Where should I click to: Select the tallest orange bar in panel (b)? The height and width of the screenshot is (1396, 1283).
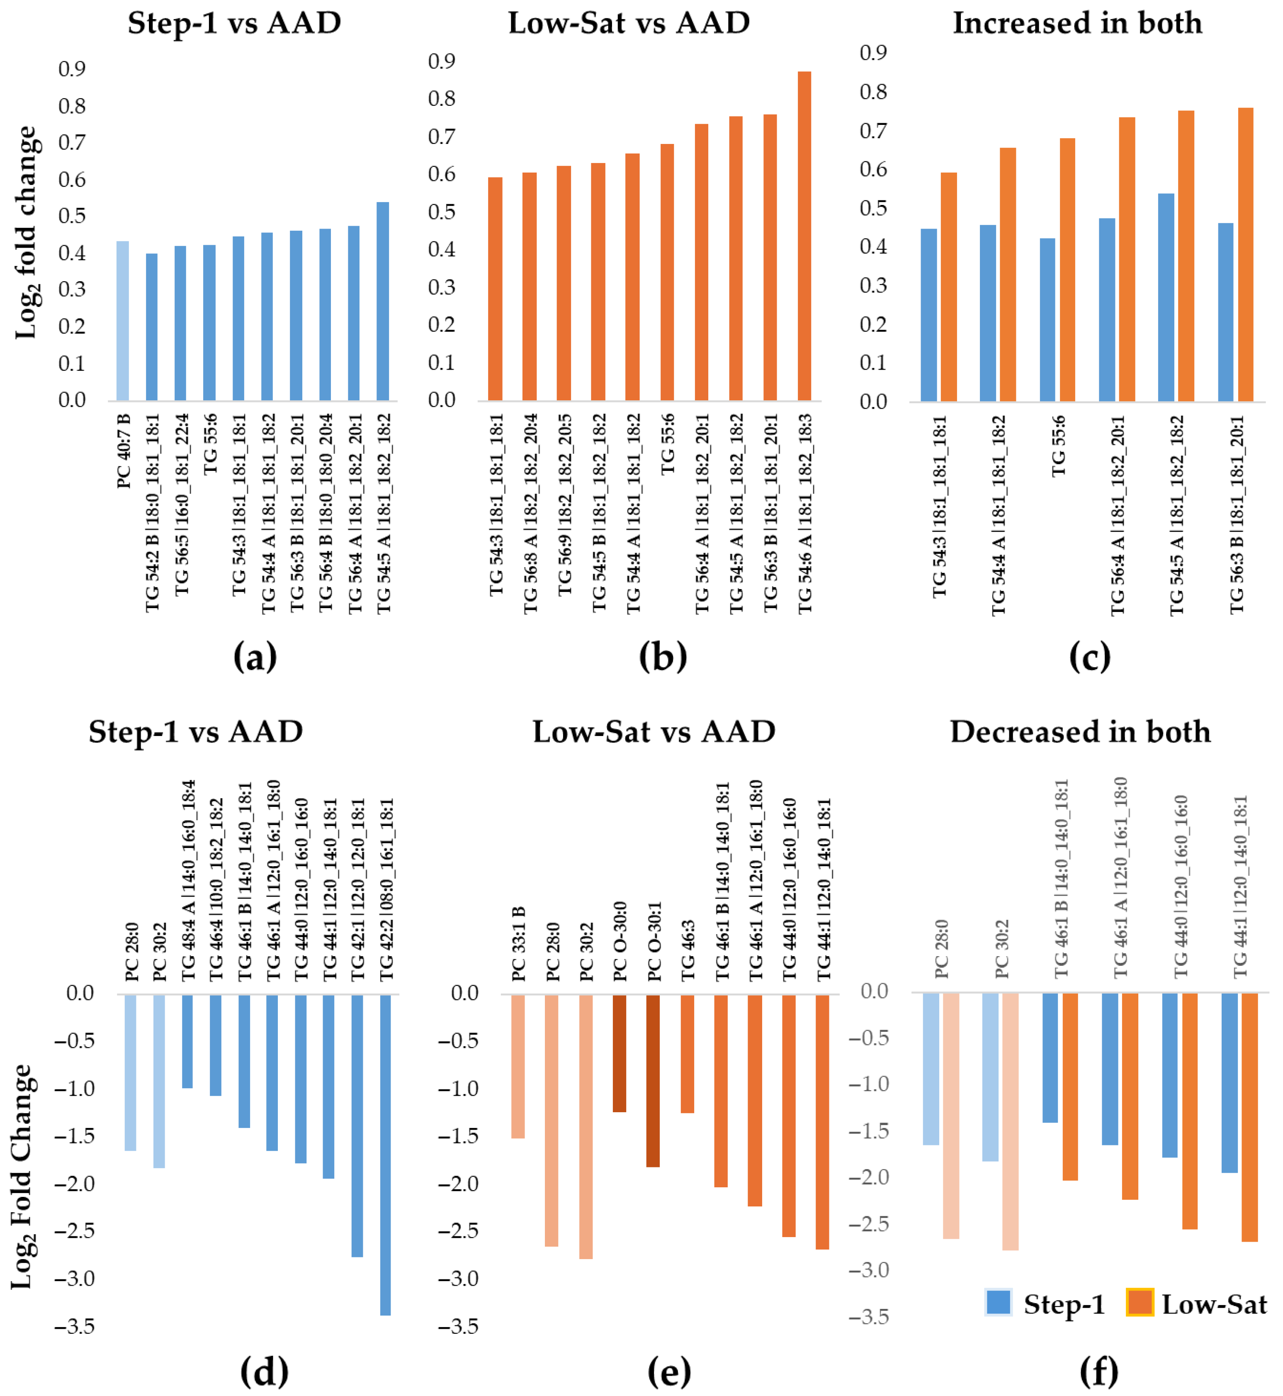point(804,236)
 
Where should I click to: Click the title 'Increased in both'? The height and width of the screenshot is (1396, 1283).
point(1077,23)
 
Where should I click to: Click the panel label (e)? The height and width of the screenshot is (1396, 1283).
point(668,1372)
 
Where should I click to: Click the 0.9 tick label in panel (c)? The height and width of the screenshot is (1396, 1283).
point(873,53)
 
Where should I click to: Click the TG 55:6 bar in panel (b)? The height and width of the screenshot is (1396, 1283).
point(666,272)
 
